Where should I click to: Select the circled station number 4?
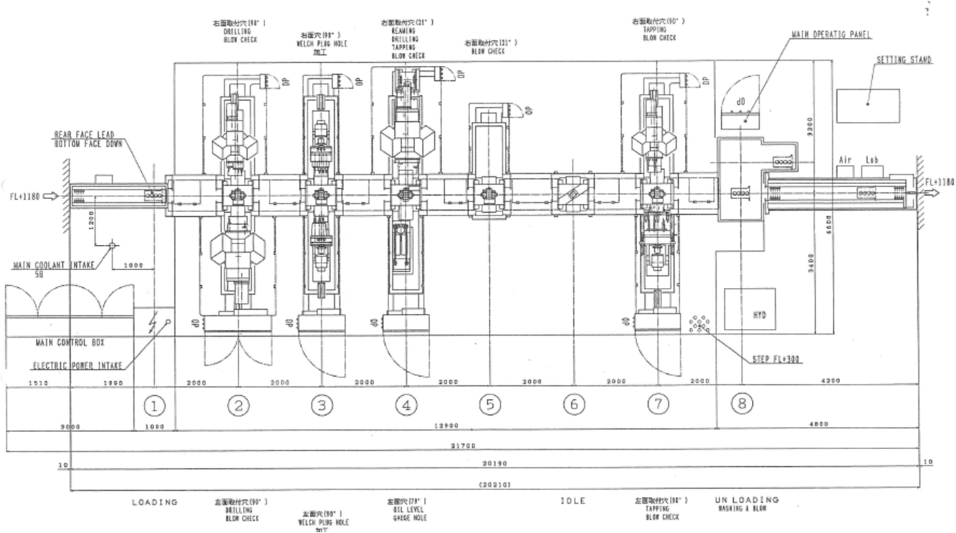[x=406, y=405]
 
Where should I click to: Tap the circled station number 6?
[x=573, y=405]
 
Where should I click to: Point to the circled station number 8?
[x=742, y=404]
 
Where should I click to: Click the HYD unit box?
[x=749, y=309]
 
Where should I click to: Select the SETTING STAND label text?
[x=904, y=60]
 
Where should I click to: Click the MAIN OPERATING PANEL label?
[x=831, y=34]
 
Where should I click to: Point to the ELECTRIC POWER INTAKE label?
[x=77, y=365]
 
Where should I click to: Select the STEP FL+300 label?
[x=776, y=359]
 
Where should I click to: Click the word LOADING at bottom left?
[x=155, y=502]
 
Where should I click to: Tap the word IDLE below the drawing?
[x=573, y=501]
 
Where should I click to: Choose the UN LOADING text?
[x=747, y=500]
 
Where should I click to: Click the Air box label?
[x=845, y=160]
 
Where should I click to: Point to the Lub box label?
[x=871, y=160]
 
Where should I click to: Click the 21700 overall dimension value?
[x=463, y=446]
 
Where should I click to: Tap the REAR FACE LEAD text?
[x=84, y=135]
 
